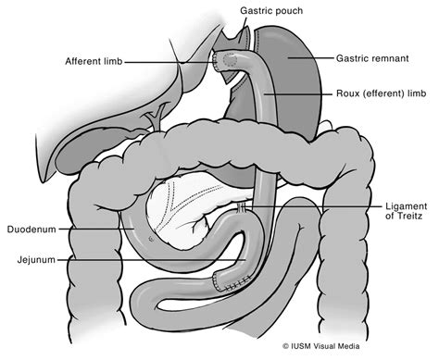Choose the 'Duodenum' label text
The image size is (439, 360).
pos(33,227)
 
